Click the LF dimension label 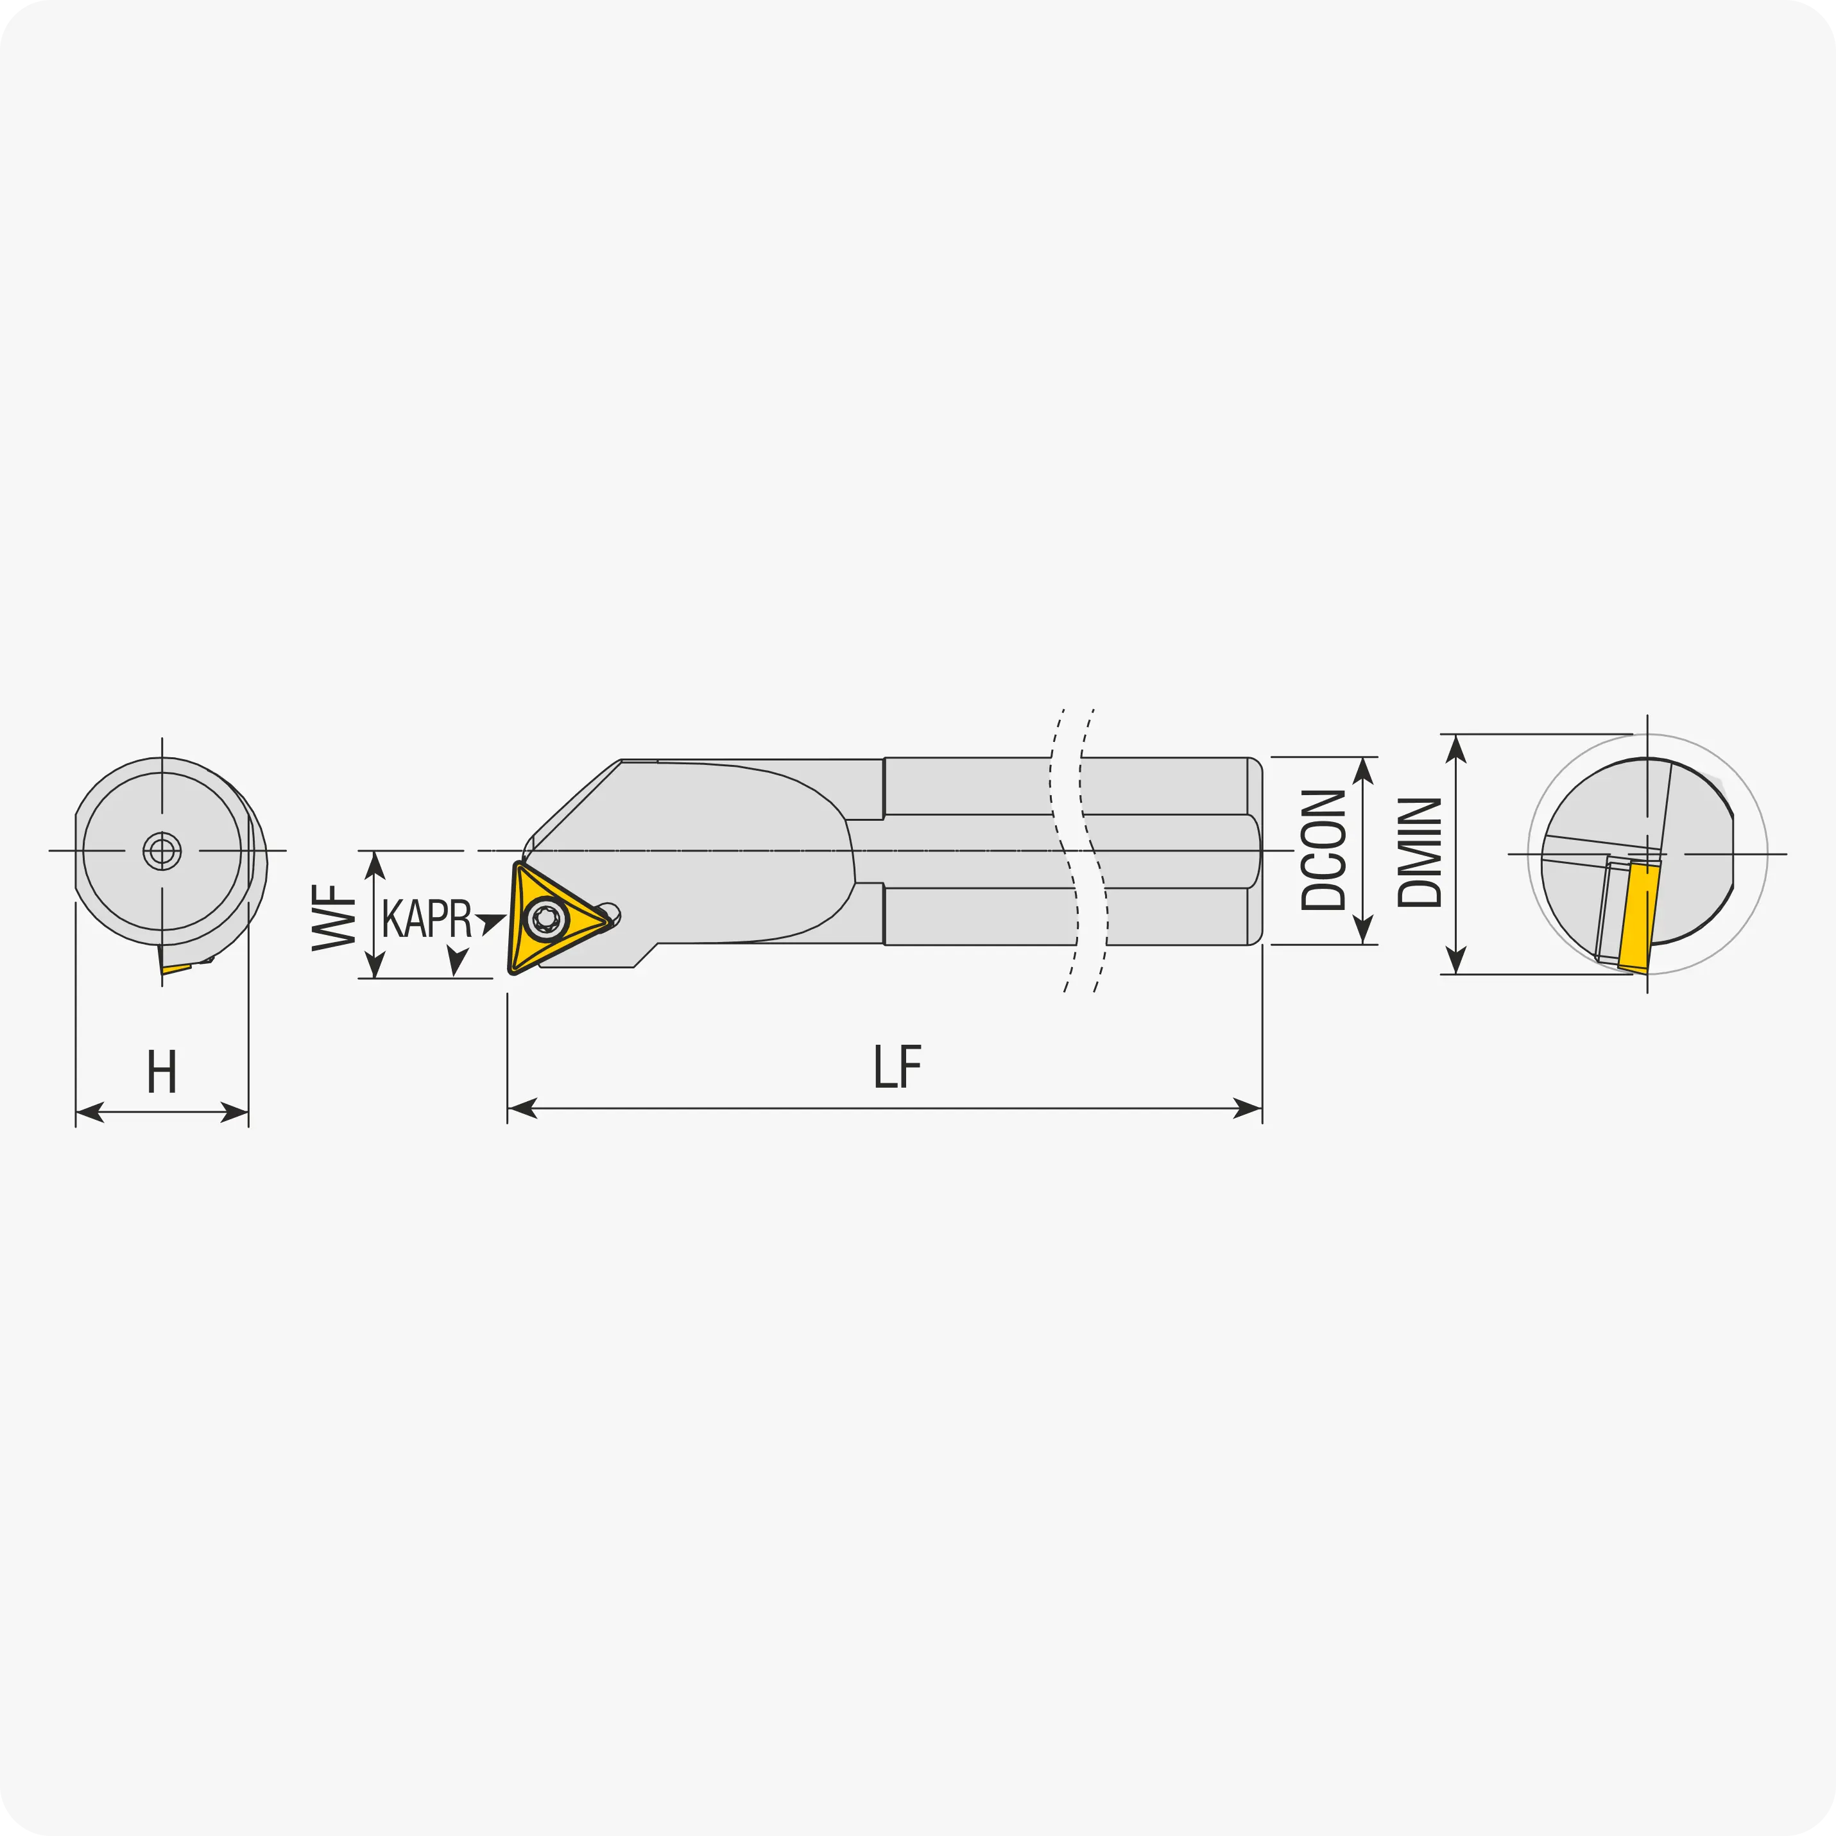[x=898, y=1067]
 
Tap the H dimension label [x=162, y=1072]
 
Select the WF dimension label [x=334, y=917]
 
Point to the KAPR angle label [x=427, y=918]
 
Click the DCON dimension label [x=1324, y=850]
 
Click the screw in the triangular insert [x=545, y=918]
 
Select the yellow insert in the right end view [x=1639, y=917]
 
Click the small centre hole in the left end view [x=162, y=850]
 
